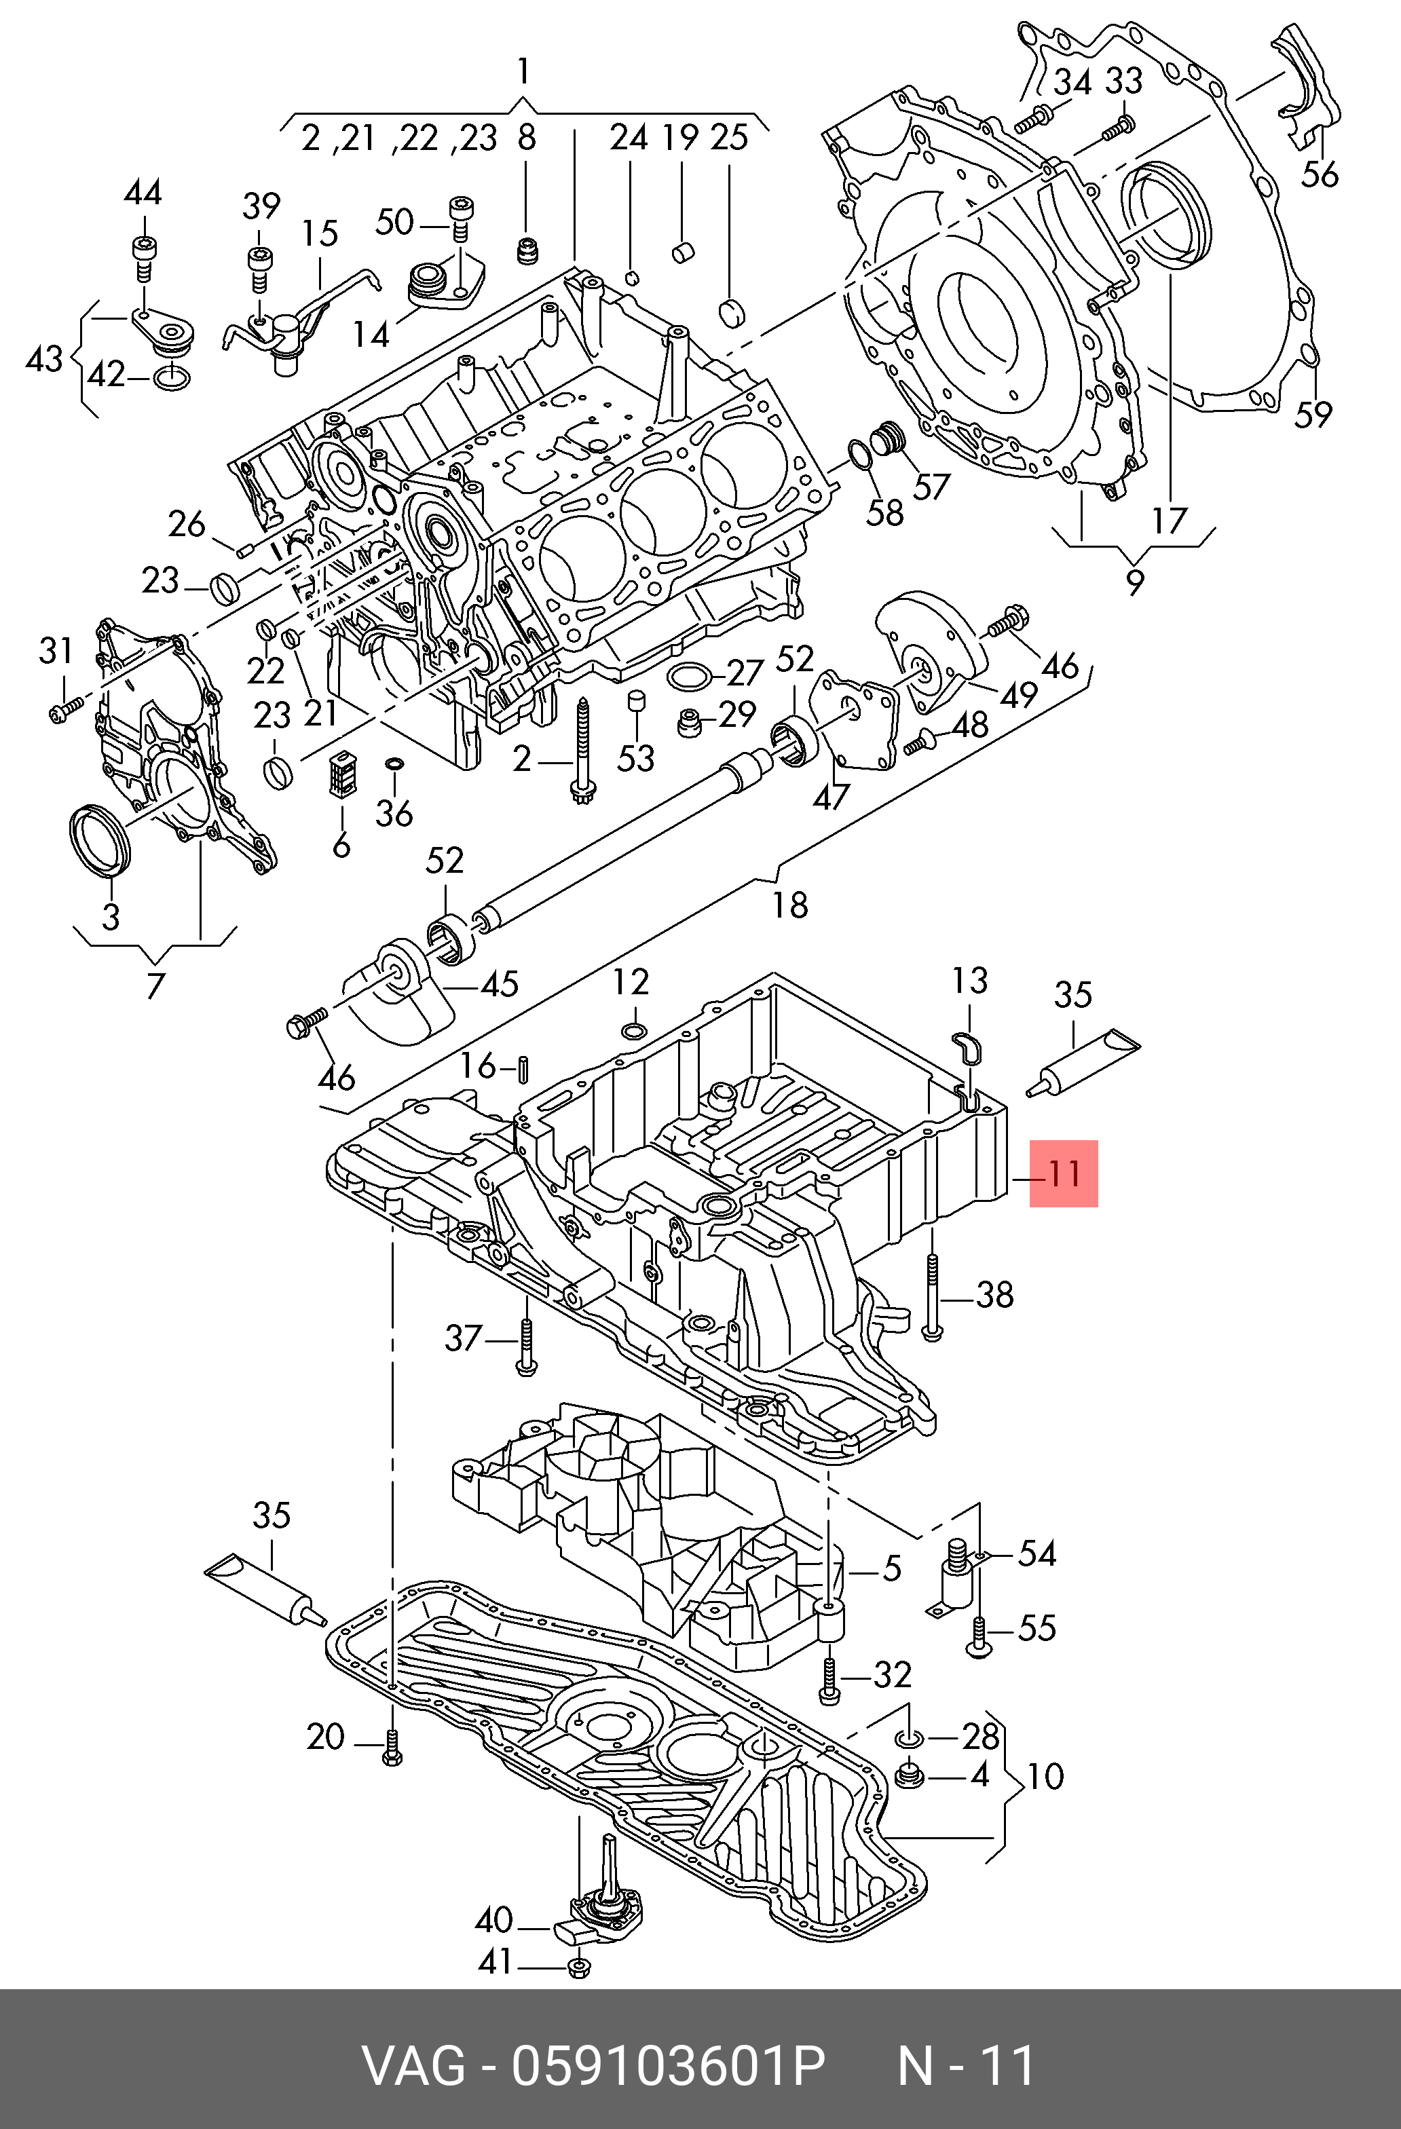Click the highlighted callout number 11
pyautogui.click(x=1064, y=1173)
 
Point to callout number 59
pyautogui.click(x=1313, y=413)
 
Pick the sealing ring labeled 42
pyautogui.click(x=172, y=379)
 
